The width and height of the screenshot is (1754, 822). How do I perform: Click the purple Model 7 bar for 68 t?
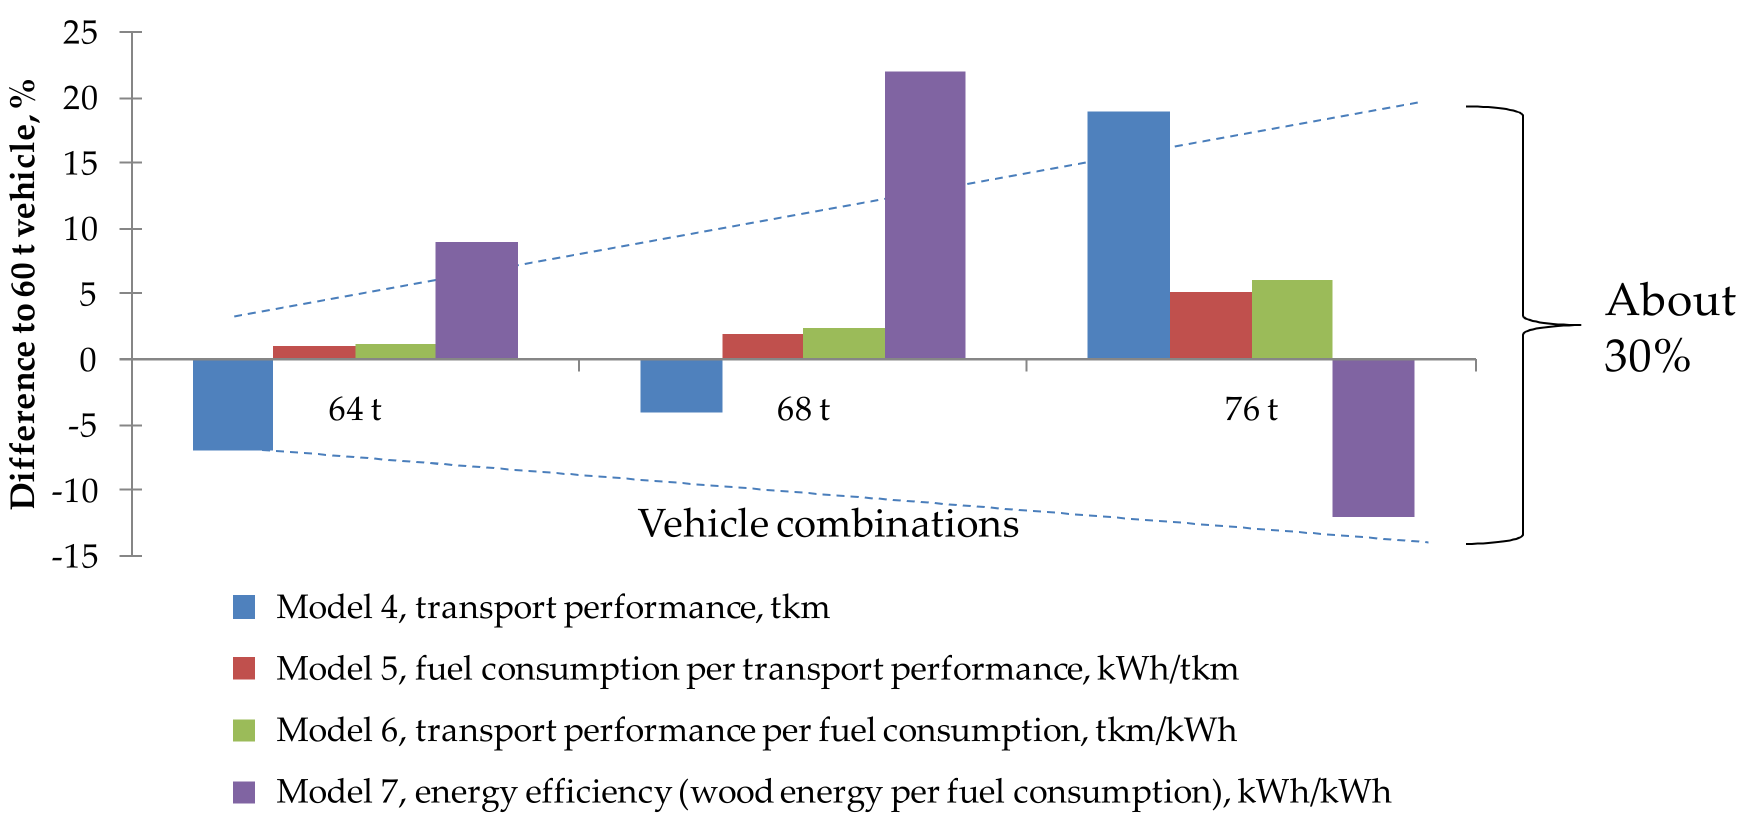click(924, 214)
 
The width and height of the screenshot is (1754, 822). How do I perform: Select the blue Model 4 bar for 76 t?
click(1128, 235)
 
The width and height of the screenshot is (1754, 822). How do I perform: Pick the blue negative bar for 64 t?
click(233, 404)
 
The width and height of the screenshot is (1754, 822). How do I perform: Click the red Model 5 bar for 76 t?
click(1210, 325)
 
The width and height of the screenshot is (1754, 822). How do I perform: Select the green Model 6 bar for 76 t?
click(1291, 318)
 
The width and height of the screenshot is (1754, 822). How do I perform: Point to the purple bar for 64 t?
click(476, 299)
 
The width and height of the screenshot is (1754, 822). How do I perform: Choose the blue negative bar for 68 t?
click(681, 385)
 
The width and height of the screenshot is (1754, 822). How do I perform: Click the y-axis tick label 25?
click(80, 32)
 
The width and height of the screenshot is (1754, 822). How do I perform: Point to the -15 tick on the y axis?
click(75, 556)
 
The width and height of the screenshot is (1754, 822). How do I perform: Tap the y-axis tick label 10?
click(80, 229)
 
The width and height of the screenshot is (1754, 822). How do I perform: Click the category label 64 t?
click(354, 409)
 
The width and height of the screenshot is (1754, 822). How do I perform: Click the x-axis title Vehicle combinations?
click(828, 523)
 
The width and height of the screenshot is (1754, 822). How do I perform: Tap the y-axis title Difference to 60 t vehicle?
click(22, 293)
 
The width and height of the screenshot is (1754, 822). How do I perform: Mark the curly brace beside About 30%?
click(1522, 325)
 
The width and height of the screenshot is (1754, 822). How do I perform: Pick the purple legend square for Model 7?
click(244, 792)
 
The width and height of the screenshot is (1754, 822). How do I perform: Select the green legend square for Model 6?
click(244, 730)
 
